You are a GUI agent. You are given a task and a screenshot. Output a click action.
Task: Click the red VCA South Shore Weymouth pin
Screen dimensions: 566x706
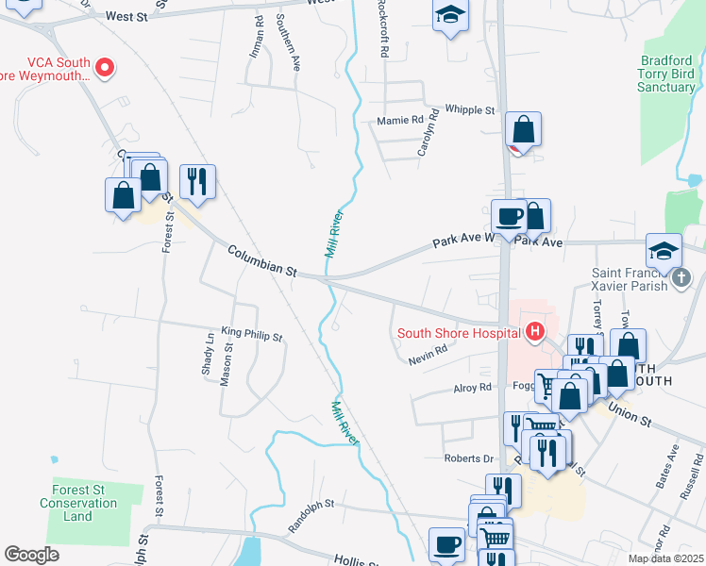point(106,67)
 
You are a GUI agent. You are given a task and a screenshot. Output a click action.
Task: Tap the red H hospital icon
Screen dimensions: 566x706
point(535,331)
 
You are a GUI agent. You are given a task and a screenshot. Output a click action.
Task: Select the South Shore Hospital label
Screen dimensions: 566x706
point(459,332)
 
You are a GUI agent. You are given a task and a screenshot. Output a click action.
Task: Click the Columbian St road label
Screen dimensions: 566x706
point(262,259)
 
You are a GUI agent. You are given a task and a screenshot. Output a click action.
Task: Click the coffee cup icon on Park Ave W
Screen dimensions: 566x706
point(509,217)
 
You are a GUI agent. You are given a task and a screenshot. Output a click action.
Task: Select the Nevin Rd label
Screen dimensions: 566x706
point(427,359)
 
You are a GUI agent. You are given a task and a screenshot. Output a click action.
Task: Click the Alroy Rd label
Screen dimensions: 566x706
point(472,387)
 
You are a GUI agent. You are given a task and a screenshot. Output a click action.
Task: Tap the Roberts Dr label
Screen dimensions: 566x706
point(469,458)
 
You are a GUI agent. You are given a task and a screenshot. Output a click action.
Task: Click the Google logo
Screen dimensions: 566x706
point(31,555)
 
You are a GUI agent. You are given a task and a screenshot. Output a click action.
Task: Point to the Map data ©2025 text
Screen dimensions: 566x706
point(665,558)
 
